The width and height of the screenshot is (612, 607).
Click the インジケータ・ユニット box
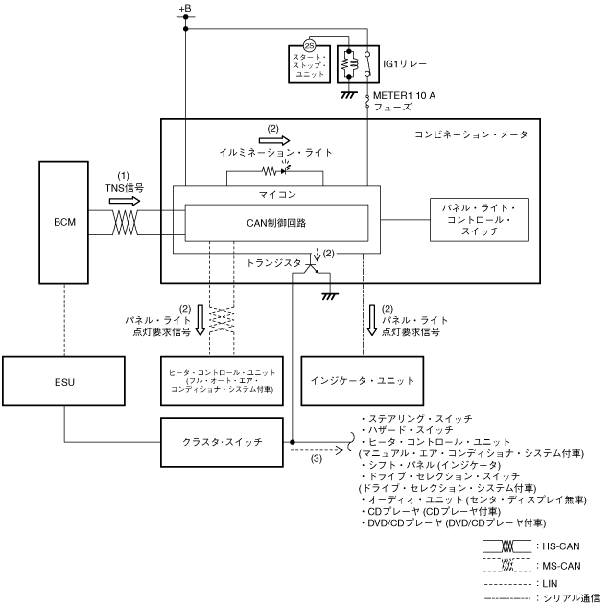coord(364,380)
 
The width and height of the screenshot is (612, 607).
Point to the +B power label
coord(184,9)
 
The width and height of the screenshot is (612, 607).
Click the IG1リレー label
coord(404,62)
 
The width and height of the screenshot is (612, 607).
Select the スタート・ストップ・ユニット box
coord(309,63)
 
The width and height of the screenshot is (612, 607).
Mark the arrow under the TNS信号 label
coord(125,203)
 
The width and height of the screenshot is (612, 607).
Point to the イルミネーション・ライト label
coord(270,153)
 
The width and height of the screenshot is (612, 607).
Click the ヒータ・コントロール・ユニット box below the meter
coord(223,380)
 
